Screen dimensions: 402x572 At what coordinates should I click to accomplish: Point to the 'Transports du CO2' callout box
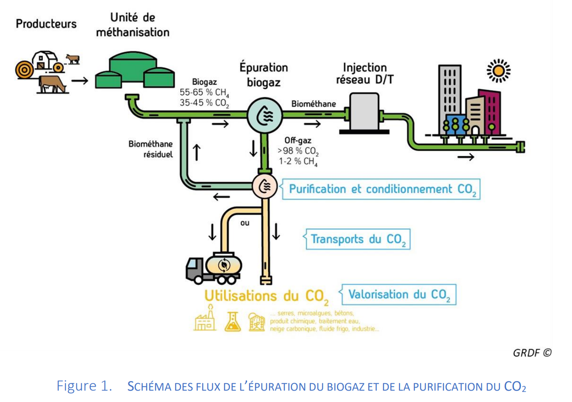pyautogui.click(x=358, y=239)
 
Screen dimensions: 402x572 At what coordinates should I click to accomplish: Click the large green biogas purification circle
pyautogui.click(x=264, y=115)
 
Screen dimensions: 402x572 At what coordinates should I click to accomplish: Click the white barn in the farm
pyautogui.click(x=46, y=60)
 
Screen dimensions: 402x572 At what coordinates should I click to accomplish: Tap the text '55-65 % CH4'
pyautogui.click(x=204, y=93)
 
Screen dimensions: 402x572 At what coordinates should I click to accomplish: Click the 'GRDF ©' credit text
pyautogui.click(x=532, y=353)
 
